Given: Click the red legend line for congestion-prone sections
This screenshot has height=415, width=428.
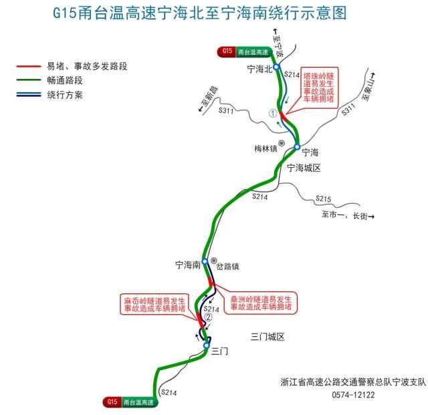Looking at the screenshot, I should point(28,66).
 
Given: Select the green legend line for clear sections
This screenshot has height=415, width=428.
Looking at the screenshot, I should point(28,80).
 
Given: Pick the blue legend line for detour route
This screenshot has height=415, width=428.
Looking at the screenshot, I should point(28,95).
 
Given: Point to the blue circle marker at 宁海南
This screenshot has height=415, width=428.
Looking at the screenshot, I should point(205,262).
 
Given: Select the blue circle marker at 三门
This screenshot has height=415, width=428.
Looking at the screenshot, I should point(207,345).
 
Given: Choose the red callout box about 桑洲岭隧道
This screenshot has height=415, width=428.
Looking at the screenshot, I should point(259,303).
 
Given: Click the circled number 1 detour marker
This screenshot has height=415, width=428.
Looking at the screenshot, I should point(272,114).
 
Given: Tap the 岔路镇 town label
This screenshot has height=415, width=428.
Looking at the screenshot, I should point(228,266).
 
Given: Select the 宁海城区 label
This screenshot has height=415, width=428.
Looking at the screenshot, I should point(304,168).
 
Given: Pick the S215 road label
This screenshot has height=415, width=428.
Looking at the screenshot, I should point(324,199).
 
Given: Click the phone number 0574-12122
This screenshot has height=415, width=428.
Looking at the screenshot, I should point(354,395).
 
